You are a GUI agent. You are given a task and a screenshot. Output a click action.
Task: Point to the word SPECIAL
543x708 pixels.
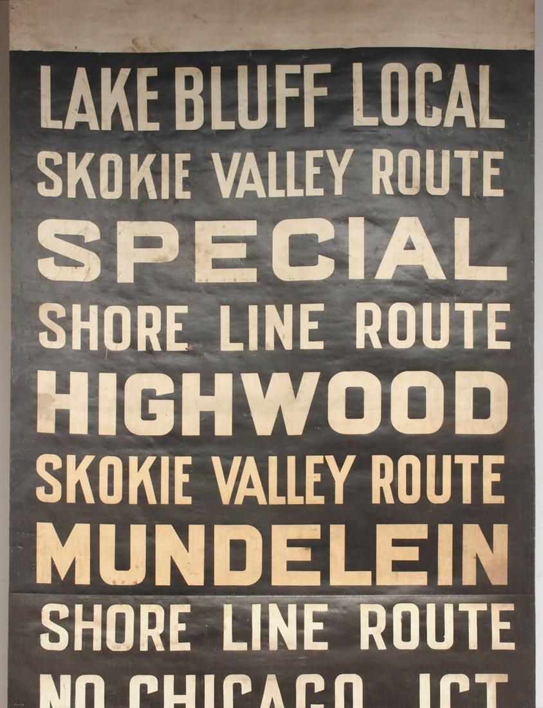[272, 249]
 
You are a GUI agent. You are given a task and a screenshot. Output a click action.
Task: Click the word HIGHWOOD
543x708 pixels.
[272, 403]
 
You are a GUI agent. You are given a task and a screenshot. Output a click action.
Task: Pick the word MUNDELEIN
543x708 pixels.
[272, 554]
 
